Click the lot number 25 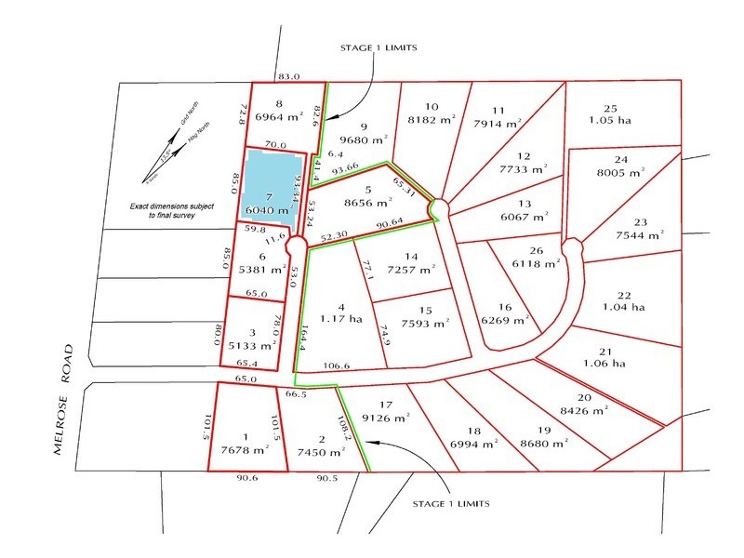[x=610, y=107]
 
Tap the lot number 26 [x=535, y=250]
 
